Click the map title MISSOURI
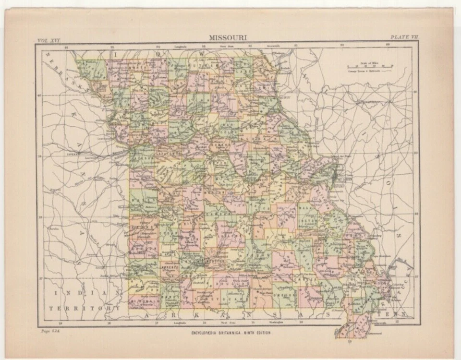[x=227, y=36]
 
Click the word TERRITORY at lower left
[x=84, y=309]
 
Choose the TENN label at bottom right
[x=401, y=314]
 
